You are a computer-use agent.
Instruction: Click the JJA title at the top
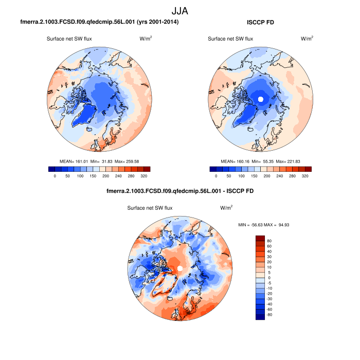pos(179,10)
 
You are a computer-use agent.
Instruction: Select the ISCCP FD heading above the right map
pos(260,23)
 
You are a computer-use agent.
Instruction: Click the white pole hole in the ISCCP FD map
pos(260,98)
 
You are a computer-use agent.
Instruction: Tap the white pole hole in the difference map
pos(180,269)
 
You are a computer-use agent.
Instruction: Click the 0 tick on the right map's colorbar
pos(216,176)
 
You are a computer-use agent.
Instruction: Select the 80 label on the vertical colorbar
pos(269,241)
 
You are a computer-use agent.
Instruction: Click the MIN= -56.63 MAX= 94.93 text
pos(264,225)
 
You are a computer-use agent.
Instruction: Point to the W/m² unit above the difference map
pos(226,208)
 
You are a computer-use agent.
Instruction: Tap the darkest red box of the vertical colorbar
pos(260,238)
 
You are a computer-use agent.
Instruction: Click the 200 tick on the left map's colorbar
pos(105,176)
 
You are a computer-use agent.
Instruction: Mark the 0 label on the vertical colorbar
pos(269,278)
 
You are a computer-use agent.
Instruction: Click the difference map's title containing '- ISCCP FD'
pos(179,191)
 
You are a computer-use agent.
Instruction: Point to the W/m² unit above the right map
pos(307,39)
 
